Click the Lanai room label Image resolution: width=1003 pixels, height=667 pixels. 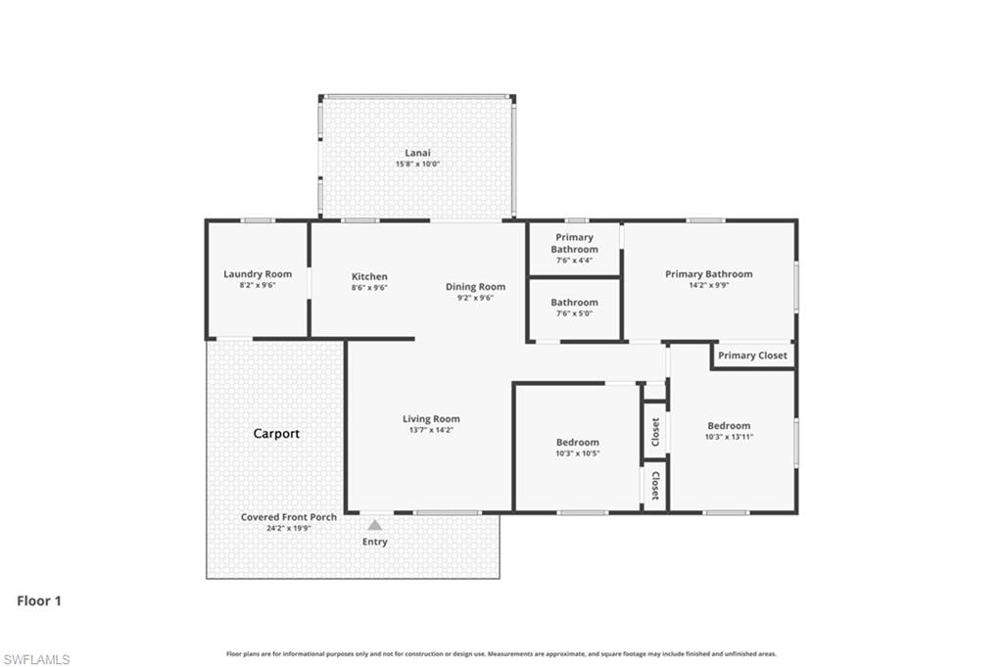tap(417, 153)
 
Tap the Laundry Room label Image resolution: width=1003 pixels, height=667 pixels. tap(258, 274)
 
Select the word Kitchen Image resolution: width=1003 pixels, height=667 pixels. tap(369, 276)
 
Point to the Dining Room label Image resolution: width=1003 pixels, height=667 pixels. tap(475, 286)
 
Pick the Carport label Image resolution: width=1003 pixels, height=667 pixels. tap(276, 433)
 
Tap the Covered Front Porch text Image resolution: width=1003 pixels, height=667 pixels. tap(289, 517)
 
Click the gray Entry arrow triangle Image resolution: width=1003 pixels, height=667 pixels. tap(374, 525)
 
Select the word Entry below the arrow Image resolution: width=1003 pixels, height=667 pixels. tap(374, 542)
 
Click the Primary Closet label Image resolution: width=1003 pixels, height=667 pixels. tap(752, 355)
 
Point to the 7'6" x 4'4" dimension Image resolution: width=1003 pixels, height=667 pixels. tap(574, 261)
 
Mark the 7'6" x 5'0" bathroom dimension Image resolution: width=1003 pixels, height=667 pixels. tap(574, 314)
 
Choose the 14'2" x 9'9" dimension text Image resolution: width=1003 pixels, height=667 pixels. tap(708, 286)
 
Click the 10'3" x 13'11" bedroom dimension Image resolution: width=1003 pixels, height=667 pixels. tap(729, 437)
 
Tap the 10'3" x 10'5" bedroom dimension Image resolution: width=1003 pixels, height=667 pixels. tap(577, 453)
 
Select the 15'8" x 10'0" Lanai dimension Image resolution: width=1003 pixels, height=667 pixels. tap(417, 165)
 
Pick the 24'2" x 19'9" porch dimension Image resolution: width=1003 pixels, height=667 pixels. tap(289, 529)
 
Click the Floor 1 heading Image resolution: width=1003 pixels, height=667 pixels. tap(39, 600)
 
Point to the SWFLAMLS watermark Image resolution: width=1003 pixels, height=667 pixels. tap(36, 659)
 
